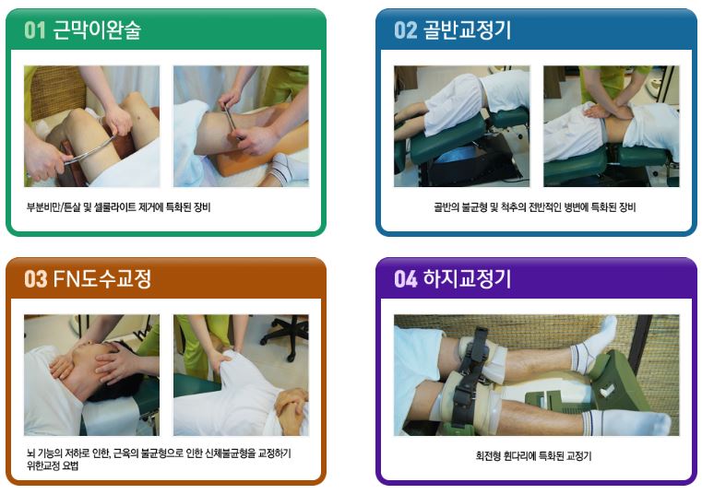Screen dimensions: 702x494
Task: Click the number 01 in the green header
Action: tap(35, 30)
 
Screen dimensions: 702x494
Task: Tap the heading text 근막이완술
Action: tap(97, 30)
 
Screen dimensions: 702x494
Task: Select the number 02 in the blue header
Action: tap(406, 30)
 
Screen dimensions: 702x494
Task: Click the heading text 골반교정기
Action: tap(467, 30)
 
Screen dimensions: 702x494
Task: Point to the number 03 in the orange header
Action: tap(35, 279)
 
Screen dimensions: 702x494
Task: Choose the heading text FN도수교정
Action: tap(102, 278)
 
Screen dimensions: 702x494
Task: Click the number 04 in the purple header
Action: tap(406, 279)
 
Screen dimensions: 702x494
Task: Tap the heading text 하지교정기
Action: tap(467, 278)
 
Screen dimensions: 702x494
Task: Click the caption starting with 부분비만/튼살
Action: tap(118, 207)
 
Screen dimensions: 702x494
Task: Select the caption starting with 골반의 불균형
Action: tap(534, 207)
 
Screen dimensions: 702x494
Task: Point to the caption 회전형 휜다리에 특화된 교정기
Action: tap(533, 456)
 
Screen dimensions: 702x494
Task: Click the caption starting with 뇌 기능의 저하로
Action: tap(159, 460)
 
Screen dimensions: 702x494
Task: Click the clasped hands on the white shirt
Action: tap(292, 405)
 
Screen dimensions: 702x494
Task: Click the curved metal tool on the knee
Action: tap(89, 151)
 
